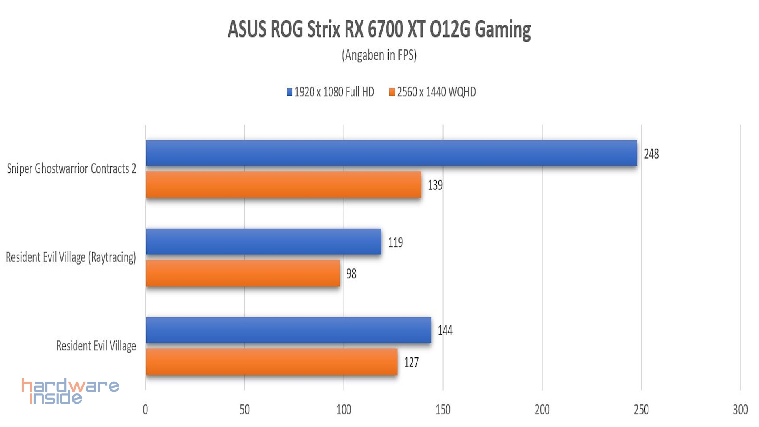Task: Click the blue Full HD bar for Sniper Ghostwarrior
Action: pos(391,153)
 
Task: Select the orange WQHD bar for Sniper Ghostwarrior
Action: pos(283,185)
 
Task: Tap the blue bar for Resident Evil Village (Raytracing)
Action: pos(264,242)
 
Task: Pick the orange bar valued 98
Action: pos(243,273)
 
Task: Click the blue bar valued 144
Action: pos(289,330)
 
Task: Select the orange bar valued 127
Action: pos(272,362)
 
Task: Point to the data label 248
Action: pos(651,154)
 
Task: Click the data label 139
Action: pos(435,185)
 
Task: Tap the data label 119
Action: pos(395,242)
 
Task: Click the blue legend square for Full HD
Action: pos(289,92)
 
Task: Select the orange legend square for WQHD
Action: pos(392,92)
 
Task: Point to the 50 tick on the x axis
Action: pos(245,410)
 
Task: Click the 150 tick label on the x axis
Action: pos(443,410)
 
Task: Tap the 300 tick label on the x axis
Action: pos(740,410)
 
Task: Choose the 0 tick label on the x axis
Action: pos(145,410)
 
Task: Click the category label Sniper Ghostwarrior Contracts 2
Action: pos(72,169)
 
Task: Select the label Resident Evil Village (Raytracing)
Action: pos(71,257)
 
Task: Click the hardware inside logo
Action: pos(70,391)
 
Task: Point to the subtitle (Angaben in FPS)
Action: pos(379,55)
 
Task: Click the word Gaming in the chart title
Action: pos(502,30)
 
